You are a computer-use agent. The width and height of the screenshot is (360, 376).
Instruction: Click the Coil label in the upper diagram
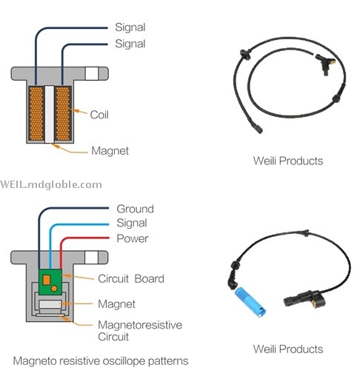(99, 115)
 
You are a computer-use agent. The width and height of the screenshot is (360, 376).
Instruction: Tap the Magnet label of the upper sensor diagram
(110, 151)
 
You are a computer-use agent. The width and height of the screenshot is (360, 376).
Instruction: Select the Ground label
(135, 209)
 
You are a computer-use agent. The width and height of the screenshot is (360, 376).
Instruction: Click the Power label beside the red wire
(133, 238)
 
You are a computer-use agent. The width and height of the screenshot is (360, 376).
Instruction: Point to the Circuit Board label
(131, 279)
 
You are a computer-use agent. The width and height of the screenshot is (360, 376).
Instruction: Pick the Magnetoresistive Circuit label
(140, 331)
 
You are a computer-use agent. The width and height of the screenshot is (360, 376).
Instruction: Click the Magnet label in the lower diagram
(116, 304)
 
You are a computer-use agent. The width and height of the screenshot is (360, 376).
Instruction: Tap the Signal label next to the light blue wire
(132, 223)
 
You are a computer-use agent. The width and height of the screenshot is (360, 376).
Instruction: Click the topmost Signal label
(130, 27)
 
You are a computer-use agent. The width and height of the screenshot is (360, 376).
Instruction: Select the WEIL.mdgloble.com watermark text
(51, 184)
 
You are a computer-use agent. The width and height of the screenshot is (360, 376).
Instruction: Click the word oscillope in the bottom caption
(124, 361)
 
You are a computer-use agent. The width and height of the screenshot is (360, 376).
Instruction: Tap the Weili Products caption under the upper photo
(288, 161)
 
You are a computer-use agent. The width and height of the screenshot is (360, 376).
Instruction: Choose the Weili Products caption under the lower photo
(288, 349)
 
